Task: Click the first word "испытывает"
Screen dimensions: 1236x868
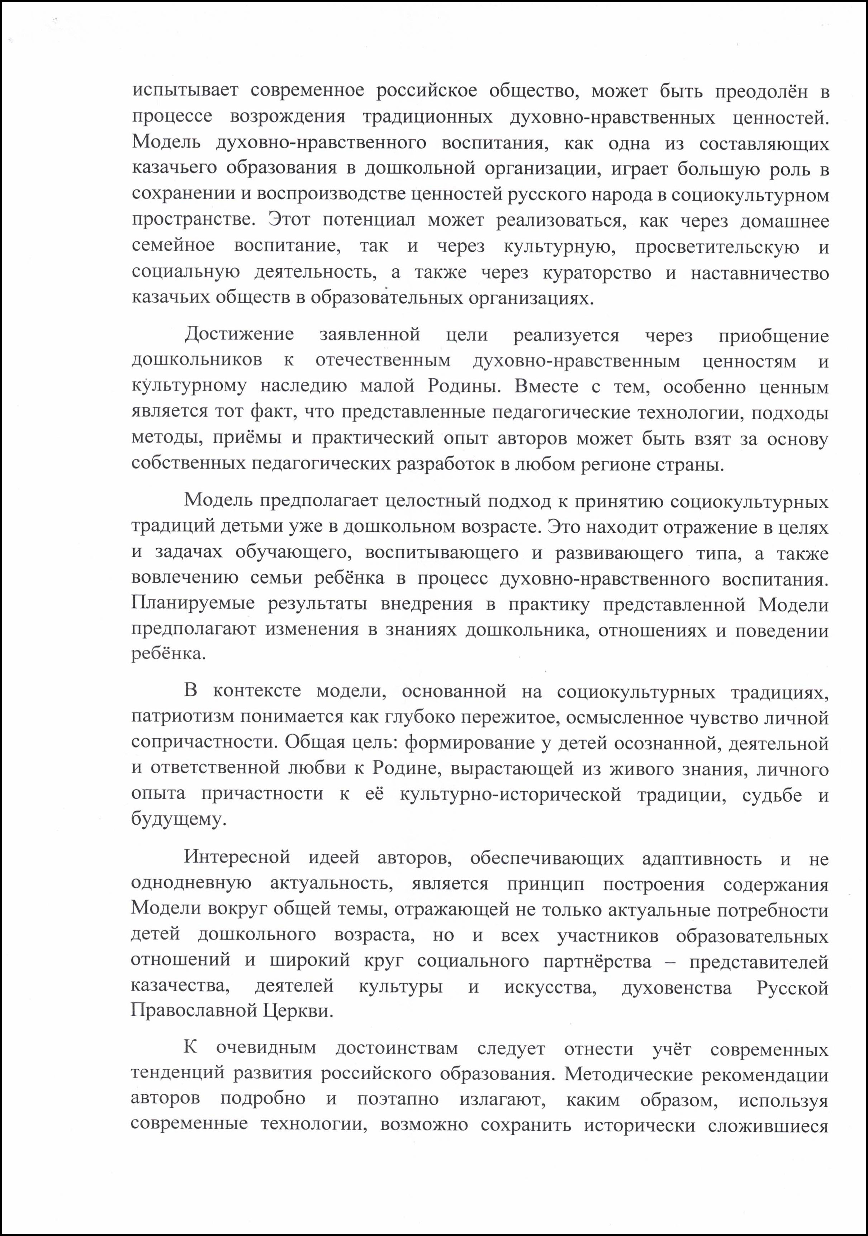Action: (x=185, y=90)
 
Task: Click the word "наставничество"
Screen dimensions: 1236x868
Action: (x=759, y=273)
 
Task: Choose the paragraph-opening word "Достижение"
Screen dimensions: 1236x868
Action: (x=239, y=334)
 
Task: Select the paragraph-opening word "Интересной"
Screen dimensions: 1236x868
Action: (x=237, y=856)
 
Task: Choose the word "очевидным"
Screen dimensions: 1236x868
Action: (x=266, y=1048)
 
